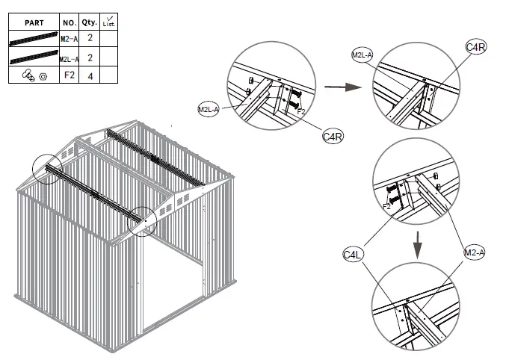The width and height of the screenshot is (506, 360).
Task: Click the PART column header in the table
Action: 35,23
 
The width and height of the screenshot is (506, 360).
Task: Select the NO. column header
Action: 70,23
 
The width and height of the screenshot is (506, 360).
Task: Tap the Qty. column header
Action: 90,23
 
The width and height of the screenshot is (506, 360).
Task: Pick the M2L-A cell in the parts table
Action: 70,58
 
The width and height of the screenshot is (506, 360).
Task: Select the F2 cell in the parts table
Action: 70,75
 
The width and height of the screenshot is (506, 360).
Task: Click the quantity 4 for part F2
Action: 90,75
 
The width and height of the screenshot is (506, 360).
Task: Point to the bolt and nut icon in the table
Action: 35,75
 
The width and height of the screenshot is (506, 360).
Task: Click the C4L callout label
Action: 354,255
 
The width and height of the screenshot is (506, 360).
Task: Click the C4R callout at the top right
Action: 477,49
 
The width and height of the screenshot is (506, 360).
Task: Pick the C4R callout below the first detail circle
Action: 333,137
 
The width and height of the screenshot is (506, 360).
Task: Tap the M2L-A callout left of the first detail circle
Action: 209,110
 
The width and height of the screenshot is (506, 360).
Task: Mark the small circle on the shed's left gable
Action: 46,169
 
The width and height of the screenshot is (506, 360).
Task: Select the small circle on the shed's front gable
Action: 142,222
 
